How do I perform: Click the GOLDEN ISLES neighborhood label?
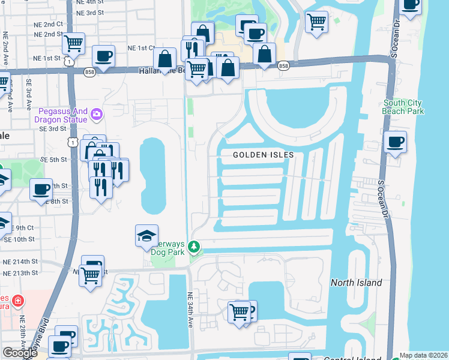(264, 155)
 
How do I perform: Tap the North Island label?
(356, 283)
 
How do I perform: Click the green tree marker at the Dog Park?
(194, 247)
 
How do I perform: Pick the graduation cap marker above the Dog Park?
(146, 236)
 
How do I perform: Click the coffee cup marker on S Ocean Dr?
(395, 143)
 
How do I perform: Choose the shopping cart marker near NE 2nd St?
(73, 43)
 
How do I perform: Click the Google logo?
(20, 353)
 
